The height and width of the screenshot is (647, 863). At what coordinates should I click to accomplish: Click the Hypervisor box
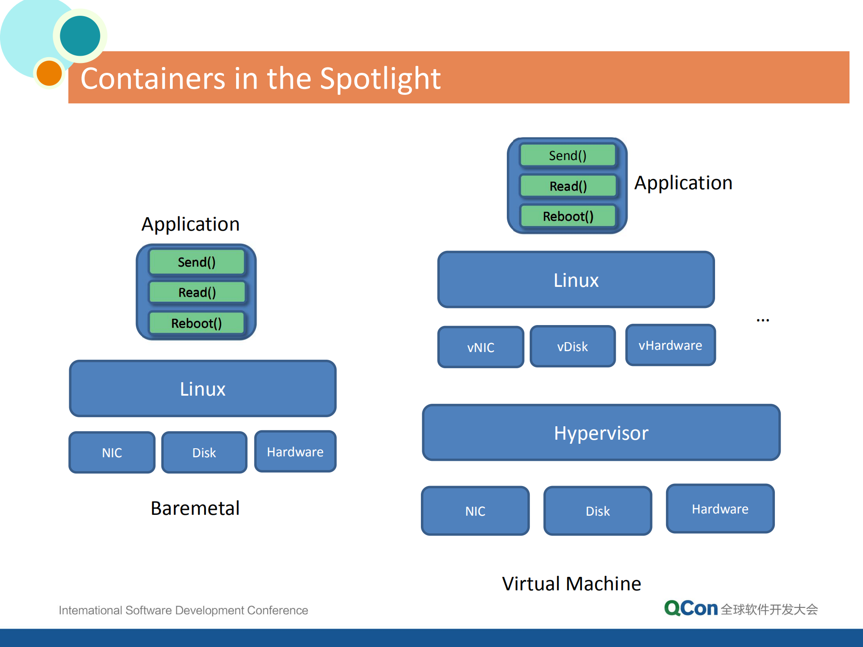601,433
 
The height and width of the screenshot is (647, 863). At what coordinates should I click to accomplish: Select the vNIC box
480,347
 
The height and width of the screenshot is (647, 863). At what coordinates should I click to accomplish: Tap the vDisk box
572,346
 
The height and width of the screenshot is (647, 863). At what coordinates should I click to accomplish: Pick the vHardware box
670,345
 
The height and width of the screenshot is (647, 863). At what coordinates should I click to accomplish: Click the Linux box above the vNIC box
576,280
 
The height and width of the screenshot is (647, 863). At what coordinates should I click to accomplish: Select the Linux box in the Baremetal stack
202,388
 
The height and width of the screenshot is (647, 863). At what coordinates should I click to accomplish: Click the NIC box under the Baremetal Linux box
112,452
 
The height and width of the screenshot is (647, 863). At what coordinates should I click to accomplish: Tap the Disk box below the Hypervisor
597,511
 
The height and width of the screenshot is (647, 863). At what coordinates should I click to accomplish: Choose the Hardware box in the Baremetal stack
295,451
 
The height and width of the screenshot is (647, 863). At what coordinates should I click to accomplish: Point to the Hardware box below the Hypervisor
720,509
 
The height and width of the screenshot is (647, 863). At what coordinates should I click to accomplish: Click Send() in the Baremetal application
197,262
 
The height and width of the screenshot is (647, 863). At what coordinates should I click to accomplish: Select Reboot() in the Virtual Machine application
568,216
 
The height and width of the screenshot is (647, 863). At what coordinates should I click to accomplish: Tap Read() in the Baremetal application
197,292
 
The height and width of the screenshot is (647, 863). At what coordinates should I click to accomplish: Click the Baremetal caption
195,508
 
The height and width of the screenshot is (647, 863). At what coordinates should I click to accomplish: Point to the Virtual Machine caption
571,584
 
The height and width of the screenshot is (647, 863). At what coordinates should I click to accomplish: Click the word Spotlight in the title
380,79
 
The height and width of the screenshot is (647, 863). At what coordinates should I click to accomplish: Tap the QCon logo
690,609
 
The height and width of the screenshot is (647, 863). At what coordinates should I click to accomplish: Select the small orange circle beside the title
49,73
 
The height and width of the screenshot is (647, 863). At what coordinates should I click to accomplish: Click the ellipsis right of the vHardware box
763,321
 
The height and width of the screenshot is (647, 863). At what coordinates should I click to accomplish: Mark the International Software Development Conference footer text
183,610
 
